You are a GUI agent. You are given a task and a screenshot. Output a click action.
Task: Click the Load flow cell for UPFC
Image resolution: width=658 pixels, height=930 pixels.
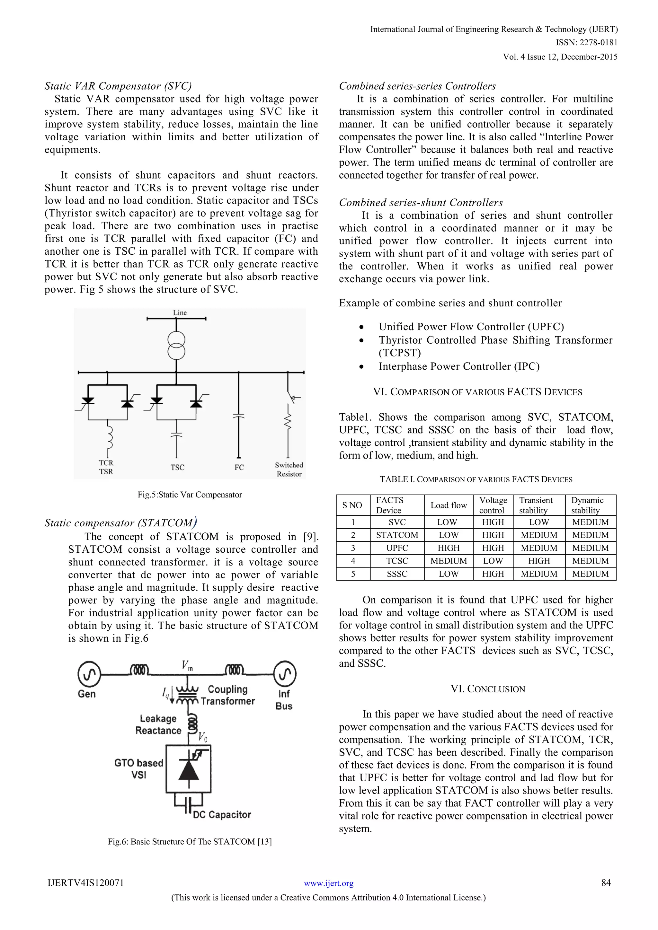[x=448, y=548]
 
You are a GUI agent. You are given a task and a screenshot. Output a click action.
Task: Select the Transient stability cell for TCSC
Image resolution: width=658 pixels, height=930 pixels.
[x=539, y=561]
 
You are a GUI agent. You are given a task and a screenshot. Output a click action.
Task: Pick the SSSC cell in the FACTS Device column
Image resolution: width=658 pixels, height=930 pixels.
[x=397, y=574]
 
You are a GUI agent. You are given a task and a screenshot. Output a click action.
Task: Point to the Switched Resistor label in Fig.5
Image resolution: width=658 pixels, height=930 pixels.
[x=289, y=469]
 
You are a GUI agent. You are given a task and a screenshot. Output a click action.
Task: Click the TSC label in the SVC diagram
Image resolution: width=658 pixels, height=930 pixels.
[x=177, y=468]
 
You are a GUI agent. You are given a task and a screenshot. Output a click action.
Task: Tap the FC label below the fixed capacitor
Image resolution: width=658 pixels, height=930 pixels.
[x=239, y=468]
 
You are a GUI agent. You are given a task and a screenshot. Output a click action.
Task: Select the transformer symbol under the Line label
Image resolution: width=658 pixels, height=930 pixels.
[x=176, y=346]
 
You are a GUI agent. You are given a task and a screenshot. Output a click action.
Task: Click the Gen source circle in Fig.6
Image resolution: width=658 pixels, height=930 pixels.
[x=89, y=674]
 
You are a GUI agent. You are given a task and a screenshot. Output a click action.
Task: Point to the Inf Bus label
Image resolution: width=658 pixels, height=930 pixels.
[x=284, y=699]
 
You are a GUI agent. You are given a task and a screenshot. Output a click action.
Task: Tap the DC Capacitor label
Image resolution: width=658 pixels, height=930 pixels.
[x=222, y=815]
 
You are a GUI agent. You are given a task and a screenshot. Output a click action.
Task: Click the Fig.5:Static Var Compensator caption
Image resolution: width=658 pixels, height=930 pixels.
[x=190, y=495]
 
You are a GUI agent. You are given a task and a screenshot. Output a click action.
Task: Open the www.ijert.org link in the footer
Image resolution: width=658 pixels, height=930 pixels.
[x=329, y=883]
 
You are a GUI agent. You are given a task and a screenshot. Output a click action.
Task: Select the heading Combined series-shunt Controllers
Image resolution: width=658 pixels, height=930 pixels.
[x=421, y=203]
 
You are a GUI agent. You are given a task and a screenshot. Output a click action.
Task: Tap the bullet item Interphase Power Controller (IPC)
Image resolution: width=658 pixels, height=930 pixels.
[x=459, y=366]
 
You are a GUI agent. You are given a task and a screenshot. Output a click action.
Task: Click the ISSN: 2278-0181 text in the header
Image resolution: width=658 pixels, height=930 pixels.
[x=586, y=42]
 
